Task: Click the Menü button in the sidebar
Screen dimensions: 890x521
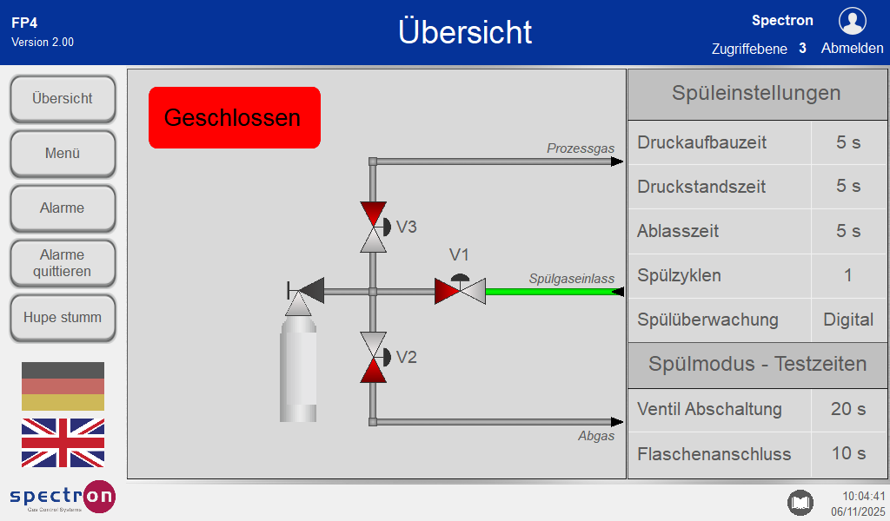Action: click(x=63, y=153)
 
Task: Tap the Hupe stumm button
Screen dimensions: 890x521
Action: click(x=63, y=318)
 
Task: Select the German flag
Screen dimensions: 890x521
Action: click(x=63, y=386)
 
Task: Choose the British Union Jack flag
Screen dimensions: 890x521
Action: click(x=63, y=443)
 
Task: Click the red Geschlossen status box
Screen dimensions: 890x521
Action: click(x=235, y=117)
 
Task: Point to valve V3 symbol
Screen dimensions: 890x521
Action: click(x=375, y=227)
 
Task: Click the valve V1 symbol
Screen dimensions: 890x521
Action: click(x=461, y=290)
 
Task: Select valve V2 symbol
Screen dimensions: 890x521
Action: click(x=375, y=357)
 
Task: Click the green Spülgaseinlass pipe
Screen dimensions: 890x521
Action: click(x=555, y=292)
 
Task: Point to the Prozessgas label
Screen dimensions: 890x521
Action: click(x=581, y=148)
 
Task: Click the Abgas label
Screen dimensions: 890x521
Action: click(x=596, y=436)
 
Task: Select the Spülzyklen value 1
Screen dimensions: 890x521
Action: click(x=848, y=275)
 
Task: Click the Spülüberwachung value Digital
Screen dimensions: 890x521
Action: click(x=848, y=320)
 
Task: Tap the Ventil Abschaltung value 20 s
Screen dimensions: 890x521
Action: click(x=848, y=409)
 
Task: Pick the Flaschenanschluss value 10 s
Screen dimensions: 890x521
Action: click(x=848, y=453)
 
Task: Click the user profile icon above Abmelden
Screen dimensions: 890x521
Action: click(x=852, y=22)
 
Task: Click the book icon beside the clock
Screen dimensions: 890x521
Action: click(x=800, y=502)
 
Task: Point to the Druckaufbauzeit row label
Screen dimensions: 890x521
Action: click(x=701, y=142)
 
